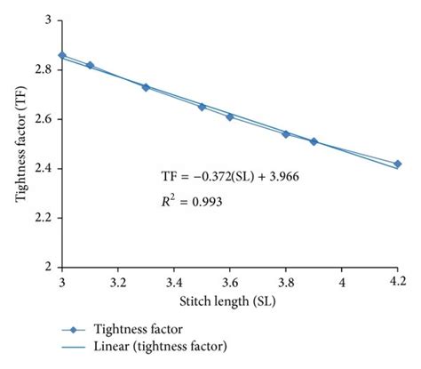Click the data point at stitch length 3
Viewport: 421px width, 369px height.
pyautogui.click(x=61, y=55)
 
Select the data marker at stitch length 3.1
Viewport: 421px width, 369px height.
pyautogui.click(x=90, y=65)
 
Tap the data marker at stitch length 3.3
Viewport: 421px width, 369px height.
pyautogui.click(x=146, y=87)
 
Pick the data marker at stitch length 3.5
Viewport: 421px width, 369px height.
pyautogui.click(x=202, y=107)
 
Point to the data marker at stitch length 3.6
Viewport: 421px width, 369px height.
pyautogui.click(x=229, y=116)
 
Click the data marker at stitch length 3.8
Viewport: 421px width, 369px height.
pyautogui.click(x=285, y=133)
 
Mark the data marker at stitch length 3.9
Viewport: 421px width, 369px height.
pyautogui.click(x=314, y=141)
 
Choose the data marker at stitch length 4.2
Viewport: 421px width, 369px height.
pyautogui.click(x=397, y=164)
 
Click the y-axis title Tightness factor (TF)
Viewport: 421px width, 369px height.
pyautogui.click(x=20, y=142)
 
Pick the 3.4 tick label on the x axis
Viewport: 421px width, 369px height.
pyautogui.click(x=173, y=281)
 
